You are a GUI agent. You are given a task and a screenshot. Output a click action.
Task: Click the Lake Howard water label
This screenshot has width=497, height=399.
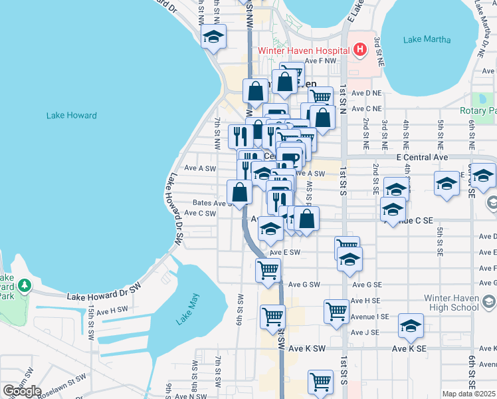tap(71, 116)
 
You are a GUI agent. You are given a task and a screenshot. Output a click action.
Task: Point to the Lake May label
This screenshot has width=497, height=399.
tap(187, 312)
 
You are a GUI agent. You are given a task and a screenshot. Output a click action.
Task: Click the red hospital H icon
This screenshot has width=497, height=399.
tap(359, 50)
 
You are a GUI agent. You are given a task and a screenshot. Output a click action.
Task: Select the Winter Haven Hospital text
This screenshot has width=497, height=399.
tap(303, 51)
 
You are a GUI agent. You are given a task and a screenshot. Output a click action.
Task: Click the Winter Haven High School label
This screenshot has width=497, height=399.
tap(445, 302)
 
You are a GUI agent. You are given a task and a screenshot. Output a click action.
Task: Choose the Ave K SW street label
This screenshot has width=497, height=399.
tap(307, 348)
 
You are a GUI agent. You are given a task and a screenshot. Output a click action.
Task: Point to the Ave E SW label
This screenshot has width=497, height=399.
tap(285, 253)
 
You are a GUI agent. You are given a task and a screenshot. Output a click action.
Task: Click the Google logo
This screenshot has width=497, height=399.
tap(22, 391)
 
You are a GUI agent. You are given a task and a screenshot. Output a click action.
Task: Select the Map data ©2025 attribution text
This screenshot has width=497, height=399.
tap(468, 394)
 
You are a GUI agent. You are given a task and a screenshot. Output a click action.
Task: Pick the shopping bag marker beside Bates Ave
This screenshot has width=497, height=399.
tap(240, 192)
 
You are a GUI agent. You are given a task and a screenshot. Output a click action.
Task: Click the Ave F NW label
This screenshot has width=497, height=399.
tap(322, 61)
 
